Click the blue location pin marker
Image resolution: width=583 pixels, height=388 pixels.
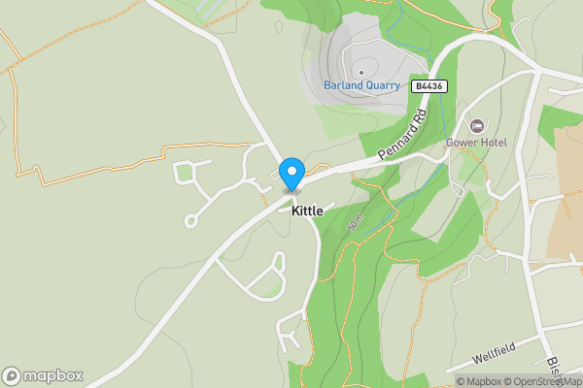291,175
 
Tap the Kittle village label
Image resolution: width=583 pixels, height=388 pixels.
306,210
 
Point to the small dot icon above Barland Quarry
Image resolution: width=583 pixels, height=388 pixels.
361,71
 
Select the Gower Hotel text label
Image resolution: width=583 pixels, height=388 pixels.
476,143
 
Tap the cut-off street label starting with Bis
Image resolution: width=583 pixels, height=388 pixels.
551,367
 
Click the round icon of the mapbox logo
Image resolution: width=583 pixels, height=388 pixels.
13,375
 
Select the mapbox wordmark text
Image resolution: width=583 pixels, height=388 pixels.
53,375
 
